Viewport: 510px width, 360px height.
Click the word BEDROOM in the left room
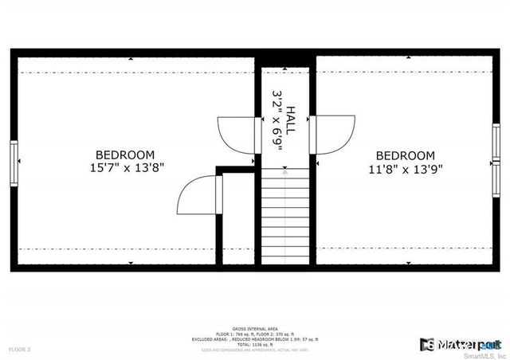(125, 155)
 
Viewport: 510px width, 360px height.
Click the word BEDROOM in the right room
(406, 155)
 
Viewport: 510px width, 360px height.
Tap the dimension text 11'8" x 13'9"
(406, 169)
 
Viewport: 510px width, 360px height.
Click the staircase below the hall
(286, 215)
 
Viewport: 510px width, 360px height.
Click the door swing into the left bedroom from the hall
(238, 134)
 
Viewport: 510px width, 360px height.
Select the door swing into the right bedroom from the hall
(335, 134)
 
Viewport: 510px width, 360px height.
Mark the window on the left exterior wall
(14, 162)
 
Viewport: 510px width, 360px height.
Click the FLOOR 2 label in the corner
(19, 350)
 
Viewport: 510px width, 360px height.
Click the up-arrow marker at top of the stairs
(286, 169)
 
